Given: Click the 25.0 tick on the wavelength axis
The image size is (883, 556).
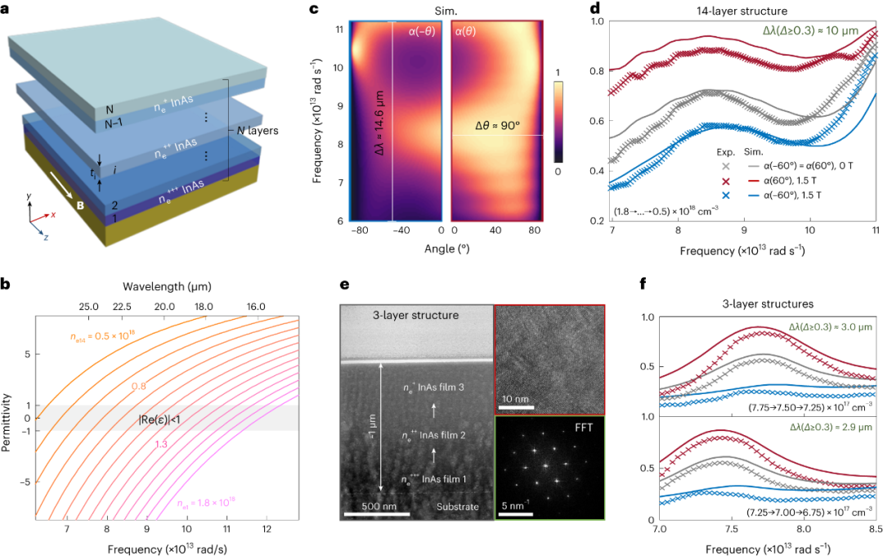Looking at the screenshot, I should point(89,306).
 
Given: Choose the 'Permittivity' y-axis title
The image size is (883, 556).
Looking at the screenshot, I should point(10,416).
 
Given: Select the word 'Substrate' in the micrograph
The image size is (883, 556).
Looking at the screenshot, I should point(456,508).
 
